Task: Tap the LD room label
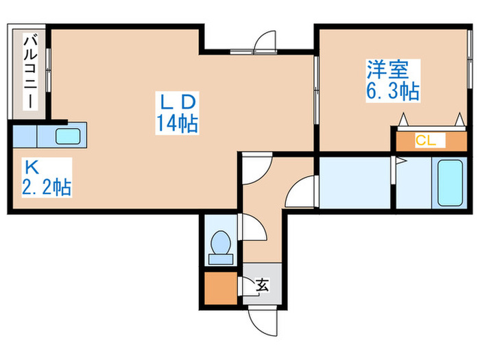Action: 178,102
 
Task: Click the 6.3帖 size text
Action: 392,91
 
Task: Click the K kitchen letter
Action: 32,166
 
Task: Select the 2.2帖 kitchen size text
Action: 47,188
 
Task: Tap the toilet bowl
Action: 221,245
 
